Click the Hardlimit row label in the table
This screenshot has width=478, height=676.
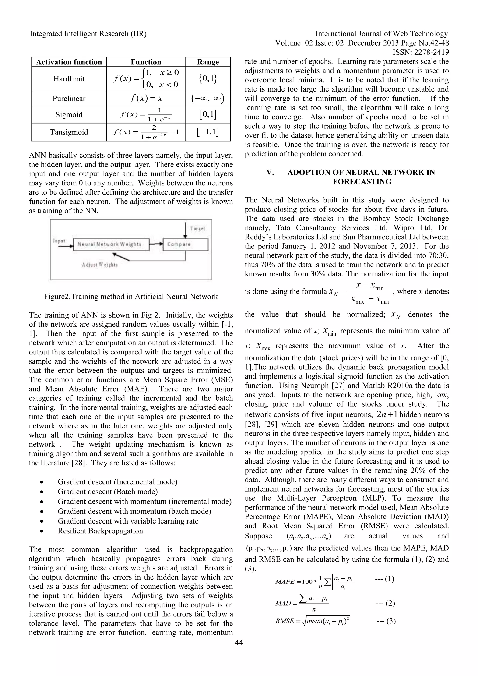69,79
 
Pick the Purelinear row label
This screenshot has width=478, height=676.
69,99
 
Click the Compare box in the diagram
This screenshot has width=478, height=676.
185,244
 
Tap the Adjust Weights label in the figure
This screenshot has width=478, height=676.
100,265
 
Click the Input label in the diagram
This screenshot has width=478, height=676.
59,241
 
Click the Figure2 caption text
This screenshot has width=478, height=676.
131,297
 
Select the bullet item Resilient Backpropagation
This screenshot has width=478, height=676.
100,531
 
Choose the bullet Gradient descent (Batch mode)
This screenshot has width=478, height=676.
107,492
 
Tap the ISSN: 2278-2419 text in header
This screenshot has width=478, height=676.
421,52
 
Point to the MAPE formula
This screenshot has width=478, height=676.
315,581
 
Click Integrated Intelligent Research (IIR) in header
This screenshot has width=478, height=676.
88,34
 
